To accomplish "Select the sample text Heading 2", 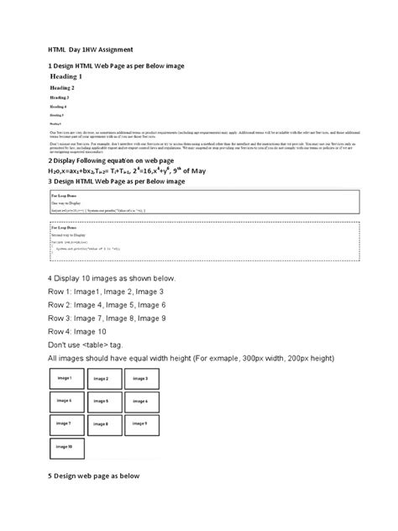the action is point(62,87).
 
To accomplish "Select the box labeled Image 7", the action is point(64,426).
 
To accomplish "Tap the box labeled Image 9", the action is point(139,426).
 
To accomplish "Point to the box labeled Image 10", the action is point(64,450).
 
